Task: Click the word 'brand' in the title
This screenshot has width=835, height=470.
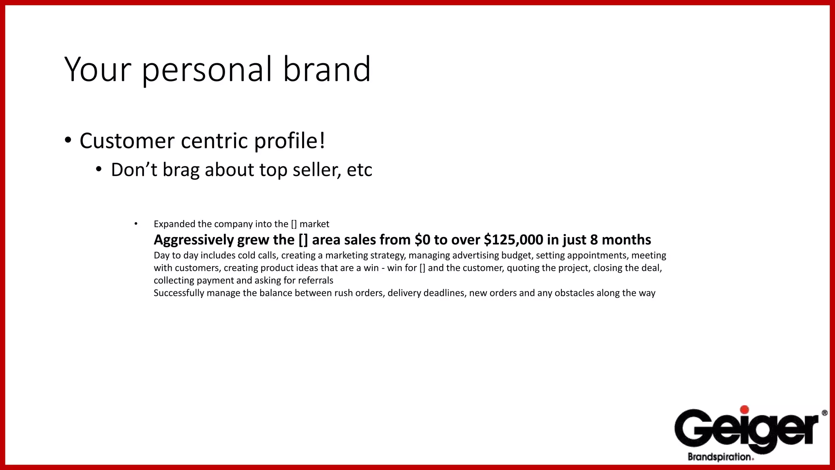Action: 327,69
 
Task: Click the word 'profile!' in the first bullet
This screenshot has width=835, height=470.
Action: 289,141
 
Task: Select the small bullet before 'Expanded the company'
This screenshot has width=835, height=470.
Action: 136,224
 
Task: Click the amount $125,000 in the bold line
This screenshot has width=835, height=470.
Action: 513,240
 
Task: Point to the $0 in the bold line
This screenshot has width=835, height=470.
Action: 422,240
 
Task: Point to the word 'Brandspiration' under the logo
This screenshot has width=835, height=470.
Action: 719,457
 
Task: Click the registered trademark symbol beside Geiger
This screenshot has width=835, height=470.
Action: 824,413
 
